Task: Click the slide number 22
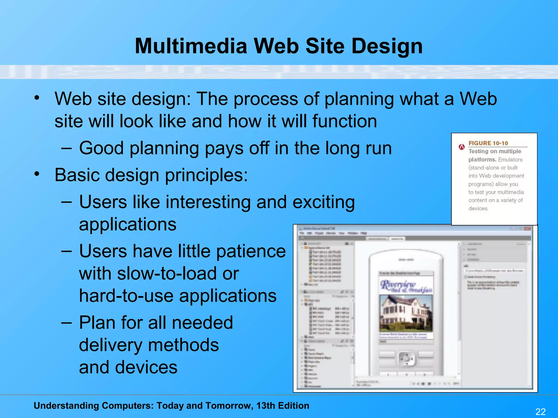[x=540, y=411]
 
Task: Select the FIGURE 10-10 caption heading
[x=488, y=143]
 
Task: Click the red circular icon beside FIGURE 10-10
[x=462, y=147]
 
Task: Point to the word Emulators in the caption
[x=510, y=159]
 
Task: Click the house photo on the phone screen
[x=406, y=313]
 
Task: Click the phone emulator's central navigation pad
[x=406, y=359]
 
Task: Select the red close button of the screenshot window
[x=528, y=229]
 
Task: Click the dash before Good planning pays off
[x=66, y=148]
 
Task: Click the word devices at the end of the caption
[x=478, y=208]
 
